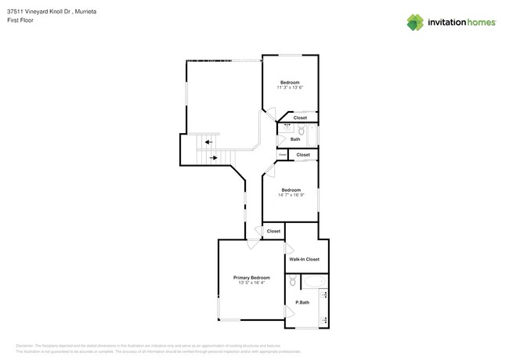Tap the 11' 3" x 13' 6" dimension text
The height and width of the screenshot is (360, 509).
click(x=290, y=88)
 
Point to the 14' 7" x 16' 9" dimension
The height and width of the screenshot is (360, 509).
click(x=291, y=194)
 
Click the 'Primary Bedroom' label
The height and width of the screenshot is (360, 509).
click(x=251, y=277)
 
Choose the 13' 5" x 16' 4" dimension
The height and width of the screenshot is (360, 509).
click(x=251, y=283)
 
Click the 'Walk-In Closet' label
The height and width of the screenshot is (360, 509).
click(x=304, y=259)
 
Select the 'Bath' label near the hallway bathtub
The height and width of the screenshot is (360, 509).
click(x=295, y=139)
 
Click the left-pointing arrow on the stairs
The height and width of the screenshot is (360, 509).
click(x=208, y=142)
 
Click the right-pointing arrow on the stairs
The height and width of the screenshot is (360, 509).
click(x=213, y=157)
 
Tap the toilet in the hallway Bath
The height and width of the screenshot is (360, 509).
click(x=282, y=140)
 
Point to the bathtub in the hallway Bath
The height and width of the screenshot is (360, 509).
click(x=313, y=135)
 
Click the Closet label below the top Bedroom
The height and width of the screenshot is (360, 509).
click(x=300, y=117)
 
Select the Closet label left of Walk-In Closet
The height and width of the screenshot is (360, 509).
click(x=273, y=232)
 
